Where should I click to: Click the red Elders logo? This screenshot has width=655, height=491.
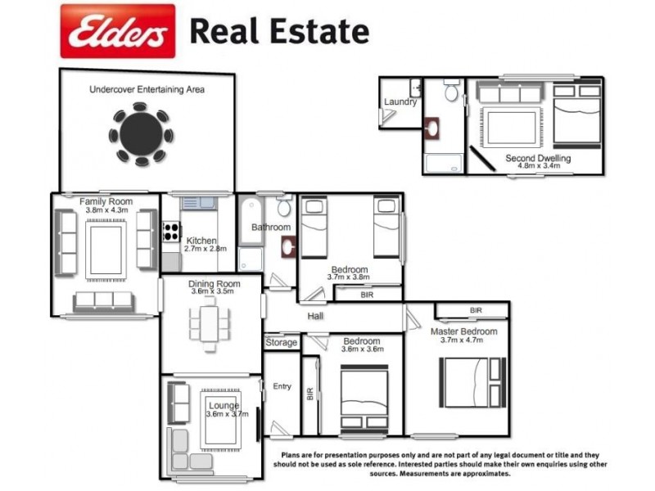tap(117, 31)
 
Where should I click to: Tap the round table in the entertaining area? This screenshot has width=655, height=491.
tap(142, 134)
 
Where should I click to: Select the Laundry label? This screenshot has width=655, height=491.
tap(400, 102)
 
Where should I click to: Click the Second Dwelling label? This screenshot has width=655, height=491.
tap(538, 158)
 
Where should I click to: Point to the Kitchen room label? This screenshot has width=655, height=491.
tap(201, 241)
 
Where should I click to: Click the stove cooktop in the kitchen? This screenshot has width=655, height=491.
tap(172, 231)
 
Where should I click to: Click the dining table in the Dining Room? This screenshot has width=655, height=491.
tap(210, 321)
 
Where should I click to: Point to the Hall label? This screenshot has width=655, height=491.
tap(315, 316)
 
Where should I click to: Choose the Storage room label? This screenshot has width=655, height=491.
tap(281, 342)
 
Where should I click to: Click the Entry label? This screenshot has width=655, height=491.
tap(282, 386)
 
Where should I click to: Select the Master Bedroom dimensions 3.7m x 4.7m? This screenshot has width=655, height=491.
tap(463, 340)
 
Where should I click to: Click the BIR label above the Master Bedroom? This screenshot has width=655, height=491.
tap(476, 311)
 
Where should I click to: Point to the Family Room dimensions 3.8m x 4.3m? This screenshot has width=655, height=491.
tap(106, 210)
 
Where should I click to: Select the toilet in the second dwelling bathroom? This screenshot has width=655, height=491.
tap(451, 92)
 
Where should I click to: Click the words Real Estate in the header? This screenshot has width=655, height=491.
tap(279, 31)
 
